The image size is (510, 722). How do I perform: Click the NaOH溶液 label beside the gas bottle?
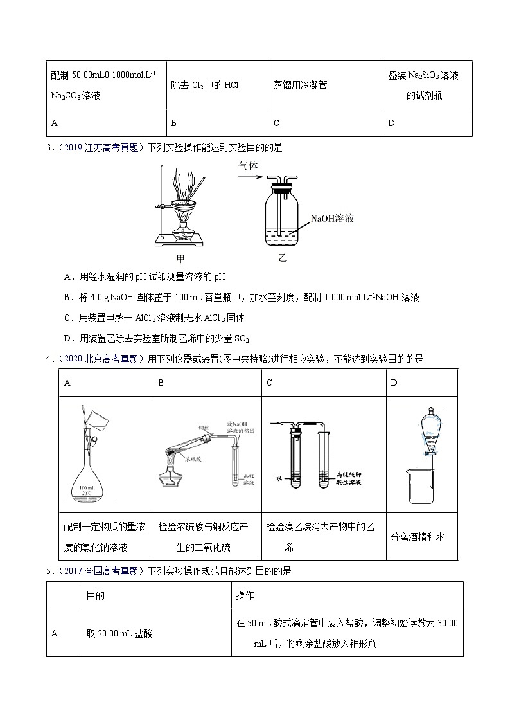[x=332, y=219]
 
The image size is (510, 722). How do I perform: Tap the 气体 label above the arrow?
[x=248, y=165]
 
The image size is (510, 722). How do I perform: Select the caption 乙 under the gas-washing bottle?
[x=283, y=259]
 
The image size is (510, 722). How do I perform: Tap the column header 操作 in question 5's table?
[x=245, y=596]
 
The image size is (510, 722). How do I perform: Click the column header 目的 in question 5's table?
[x=96, y=596]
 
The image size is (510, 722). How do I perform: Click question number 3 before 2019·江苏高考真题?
[x=49, y=147]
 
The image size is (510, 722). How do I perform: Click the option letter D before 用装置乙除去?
[x=67, y=338]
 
